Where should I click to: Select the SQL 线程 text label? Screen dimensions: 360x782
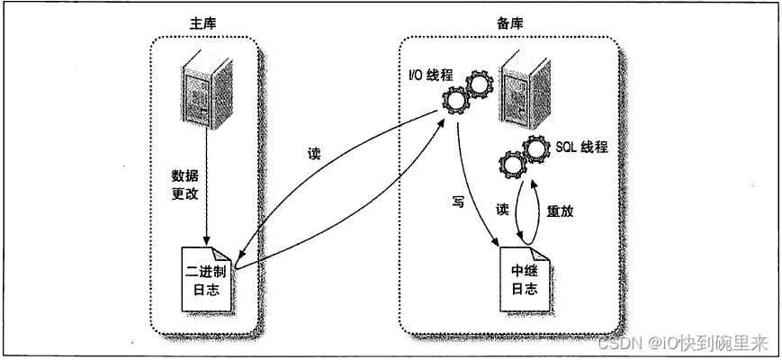point(582,147)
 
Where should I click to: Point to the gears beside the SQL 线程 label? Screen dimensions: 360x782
point(524,159)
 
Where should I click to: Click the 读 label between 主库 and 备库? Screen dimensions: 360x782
point(312,154)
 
